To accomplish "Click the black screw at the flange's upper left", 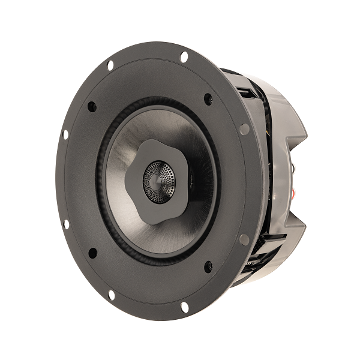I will point(92,106).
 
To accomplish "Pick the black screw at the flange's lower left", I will point(93,253).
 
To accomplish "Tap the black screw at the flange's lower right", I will point(208,266).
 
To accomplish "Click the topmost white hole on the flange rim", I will point(184,57).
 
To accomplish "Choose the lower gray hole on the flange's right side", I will point(244,239).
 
